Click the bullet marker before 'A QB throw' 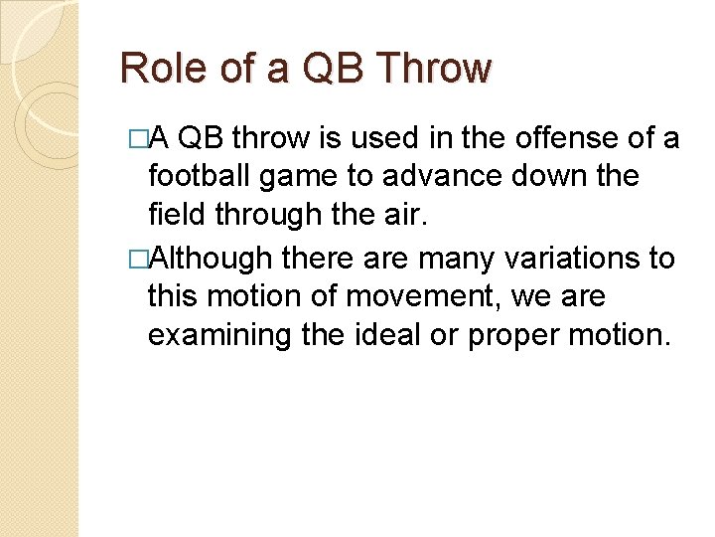point(137,139)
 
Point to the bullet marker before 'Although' point(137,259)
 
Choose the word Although point(212,259)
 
